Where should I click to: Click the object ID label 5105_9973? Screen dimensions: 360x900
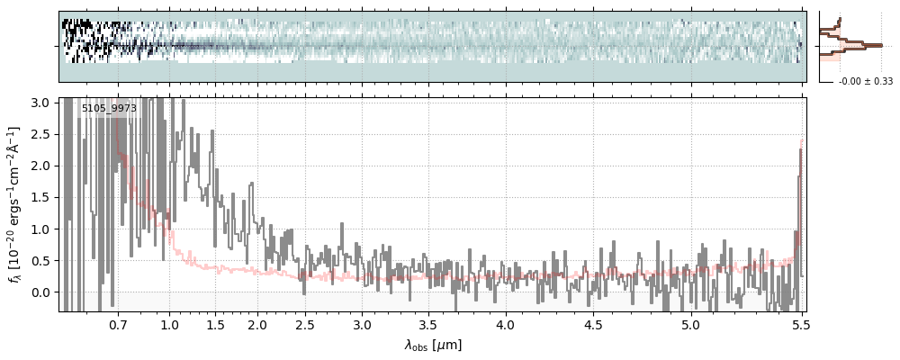coord(109,109)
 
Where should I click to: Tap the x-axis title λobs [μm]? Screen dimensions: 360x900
coord(433,345)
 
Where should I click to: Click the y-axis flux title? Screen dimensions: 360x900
coord(15,204)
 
